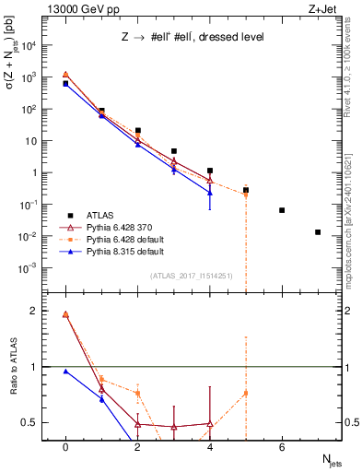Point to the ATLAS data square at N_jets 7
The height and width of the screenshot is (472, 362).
point(318,232)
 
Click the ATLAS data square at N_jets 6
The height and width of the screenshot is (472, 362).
point(282,210)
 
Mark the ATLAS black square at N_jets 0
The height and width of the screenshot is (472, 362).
point(65,84)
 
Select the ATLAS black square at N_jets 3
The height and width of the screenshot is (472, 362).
point(173,151)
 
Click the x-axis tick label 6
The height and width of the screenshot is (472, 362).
point(282,447)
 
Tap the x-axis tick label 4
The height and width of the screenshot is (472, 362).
point(210,447)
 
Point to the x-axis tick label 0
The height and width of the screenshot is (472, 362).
point(65,447)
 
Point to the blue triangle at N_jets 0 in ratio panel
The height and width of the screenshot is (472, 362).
point(65,372)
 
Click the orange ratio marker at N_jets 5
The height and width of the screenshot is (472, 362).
point(246,394)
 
